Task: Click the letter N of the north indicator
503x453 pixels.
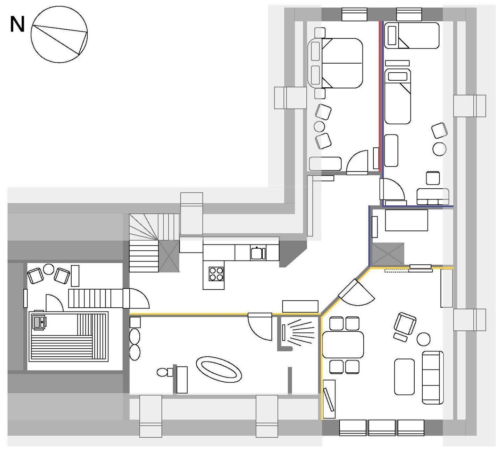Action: pyautogui.click(x=17, y=24)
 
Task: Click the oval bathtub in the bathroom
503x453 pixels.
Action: pyautogui.click(x=219, y=370)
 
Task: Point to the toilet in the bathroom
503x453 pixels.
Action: pyautogui.click(x=165, y=372)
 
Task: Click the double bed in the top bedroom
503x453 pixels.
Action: pyautogui.click(x=335, y=63)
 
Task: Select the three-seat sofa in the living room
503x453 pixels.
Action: pyautogui.click(x=432, y=378)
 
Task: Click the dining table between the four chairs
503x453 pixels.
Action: pyautogui.click(x=343, y=345)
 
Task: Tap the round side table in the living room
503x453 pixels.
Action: pyautogui.click(x=423, y=339)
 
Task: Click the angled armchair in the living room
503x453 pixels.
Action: pyautogui.click(x=405, y=324)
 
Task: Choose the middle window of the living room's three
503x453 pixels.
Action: pyautogui.click(x=382, y=428)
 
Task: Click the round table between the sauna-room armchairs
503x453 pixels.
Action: pyautogui.click(x=49, y=269)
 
